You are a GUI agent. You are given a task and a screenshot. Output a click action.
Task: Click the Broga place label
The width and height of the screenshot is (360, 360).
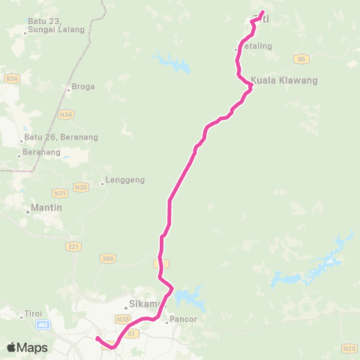click(83, 86)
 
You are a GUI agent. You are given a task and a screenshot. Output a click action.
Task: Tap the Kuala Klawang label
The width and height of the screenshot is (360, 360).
click(285, 79)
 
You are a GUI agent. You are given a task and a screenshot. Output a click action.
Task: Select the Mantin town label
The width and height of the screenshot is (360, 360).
click(45, 207)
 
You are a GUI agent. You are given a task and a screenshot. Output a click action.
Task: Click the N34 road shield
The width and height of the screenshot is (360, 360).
click(67, 115)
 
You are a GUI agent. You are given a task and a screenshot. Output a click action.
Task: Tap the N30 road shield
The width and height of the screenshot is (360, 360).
click(81, 187)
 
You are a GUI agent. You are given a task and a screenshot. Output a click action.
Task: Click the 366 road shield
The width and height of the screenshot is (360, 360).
click(107, 258)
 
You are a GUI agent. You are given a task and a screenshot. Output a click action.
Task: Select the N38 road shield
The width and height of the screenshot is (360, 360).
click(123, 319)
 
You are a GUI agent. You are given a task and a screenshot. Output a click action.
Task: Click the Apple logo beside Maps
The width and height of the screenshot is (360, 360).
click(13, 347)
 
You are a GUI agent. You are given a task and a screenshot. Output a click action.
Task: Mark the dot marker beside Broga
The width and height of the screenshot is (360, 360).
click(69, 91)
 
